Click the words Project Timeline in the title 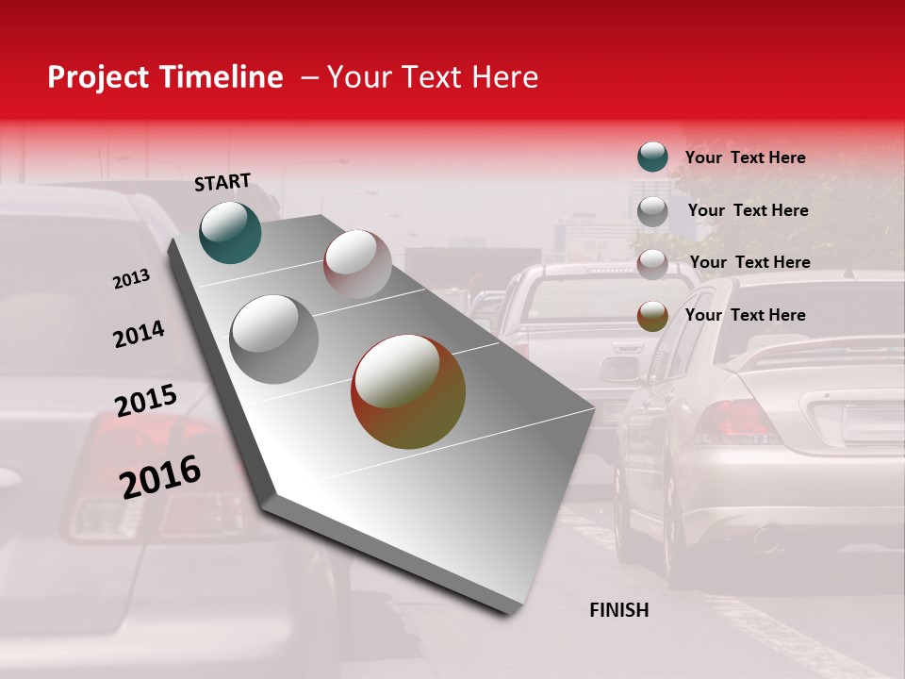pyautogui.click(x=165, y=77)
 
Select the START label pyautogui.click(x=222, y=181)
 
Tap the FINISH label pyautogui.click(x=618, y=610)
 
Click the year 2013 pyautogui.click(x=131, y=279)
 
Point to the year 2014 pyautogui.click(x=139, y=334)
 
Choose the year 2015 pyautogui.click(x=145, y=401)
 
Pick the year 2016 pyautogui.click(x=160, y=476)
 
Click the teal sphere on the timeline pyautogui.click(x=230, y=232)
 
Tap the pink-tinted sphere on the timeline pyautogui.click(x=357, y=264)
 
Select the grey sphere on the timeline pyautogui.click(x=274, y=339)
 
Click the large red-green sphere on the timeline pyautogui.click(x=408, y=391)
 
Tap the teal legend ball pyautogui.click(x=652, y=157)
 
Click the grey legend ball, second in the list pyautogui.click(x=652, y=211)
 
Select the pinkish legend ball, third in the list pyautogui.click(x=652, y=264)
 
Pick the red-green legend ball pyautogui.click(x=652, y=316)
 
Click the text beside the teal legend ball pyautogui.click(x=745, y=157)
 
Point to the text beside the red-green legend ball pyautogui.click(x=745, y=315)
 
